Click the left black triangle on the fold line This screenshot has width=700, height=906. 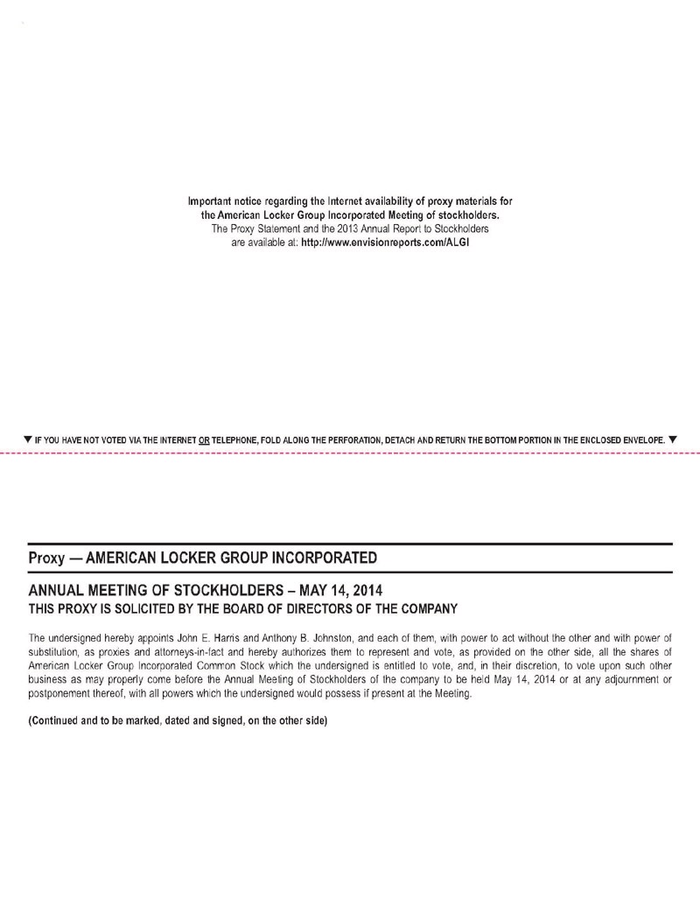pyautogui.click(x=27, y=438)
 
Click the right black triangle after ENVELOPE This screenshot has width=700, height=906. pyautogui.click(x=672, y=438)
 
